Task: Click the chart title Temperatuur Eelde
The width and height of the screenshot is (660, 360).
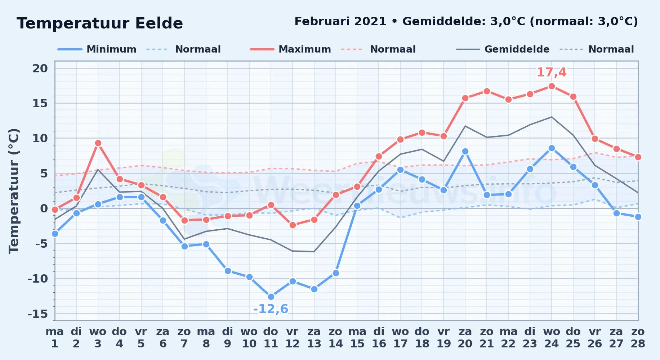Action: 100,23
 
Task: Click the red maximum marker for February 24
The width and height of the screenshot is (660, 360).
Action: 552,86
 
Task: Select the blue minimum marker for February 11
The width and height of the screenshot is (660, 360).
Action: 271,297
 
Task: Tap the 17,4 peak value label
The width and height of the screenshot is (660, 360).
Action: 552,72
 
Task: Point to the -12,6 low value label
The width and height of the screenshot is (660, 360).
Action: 271,309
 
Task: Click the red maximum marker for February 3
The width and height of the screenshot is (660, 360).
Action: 98,143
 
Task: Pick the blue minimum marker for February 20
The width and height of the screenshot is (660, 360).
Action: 465,152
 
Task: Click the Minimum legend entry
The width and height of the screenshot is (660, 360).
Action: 97,49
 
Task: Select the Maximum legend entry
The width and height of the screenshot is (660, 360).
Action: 290,49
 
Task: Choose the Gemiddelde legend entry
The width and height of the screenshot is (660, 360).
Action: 503,49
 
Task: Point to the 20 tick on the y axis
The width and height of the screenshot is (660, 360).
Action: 40,68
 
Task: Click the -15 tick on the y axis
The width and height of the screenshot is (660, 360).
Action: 38,314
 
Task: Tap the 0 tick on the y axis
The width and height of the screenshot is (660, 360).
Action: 44,208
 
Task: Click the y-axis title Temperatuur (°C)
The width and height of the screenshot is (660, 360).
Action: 14,191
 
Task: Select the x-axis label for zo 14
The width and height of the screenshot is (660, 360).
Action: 336,338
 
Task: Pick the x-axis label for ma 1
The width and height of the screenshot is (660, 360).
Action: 55,338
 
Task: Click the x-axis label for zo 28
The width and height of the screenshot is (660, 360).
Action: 638,338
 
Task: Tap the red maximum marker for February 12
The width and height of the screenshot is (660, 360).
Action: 293,225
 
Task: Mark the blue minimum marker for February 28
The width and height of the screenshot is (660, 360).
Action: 638,217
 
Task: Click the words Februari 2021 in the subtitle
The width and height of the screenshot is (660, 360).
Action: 340,22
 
